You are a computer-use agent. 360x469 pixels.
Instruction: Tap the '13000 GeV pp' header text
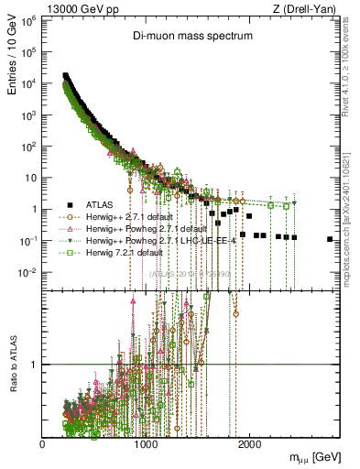(x=51, y=8)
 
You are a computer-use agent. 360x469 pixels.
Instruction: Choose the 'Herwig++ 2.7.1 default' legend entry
(x=129, y=215)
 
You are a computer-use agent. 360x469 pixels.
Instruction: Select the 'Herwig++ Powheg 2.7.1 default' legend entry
(x=144, y=227)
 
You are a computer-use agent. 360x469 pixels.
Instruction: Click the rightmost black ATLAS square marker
(x=330, y=239)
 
